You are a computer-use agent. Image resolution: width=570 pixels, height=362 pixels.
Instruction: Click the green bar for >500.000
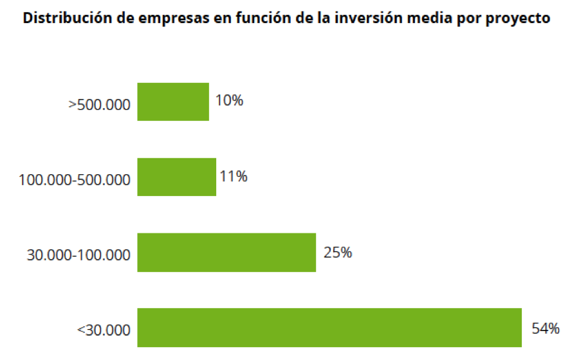(173, 102)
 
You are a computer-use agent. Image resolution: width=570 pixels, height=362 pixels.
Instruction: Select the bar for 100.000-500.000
(177, 177)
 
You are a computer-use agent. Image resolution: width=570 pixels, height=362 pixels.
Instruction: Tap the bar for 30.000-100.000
(226, 253)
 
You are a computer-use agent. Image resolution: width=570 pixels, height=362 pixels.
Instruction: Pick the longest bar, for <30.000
(329, 328)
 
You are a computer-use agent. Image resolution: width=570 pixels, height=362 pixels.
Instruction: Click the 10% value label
(230, 101)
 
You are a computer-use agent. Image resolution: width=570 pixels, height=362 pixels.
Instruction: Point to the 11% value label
(234, 176)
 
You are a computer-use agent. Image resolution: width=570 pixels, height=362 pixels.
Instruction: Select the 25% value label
(338, 252)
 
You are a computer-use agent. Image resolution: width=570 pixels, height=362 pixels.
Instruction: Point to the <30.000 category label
(104, 331)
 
